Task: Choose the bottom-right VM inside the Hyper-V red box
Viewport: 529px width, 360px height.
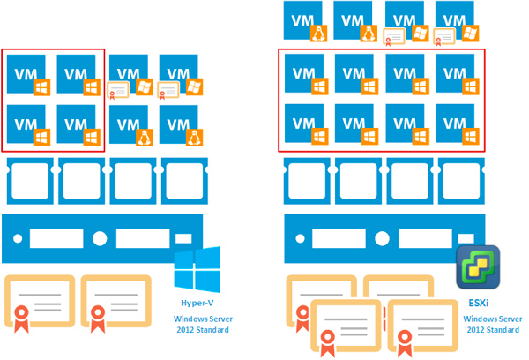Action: (x=79, y=126)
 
